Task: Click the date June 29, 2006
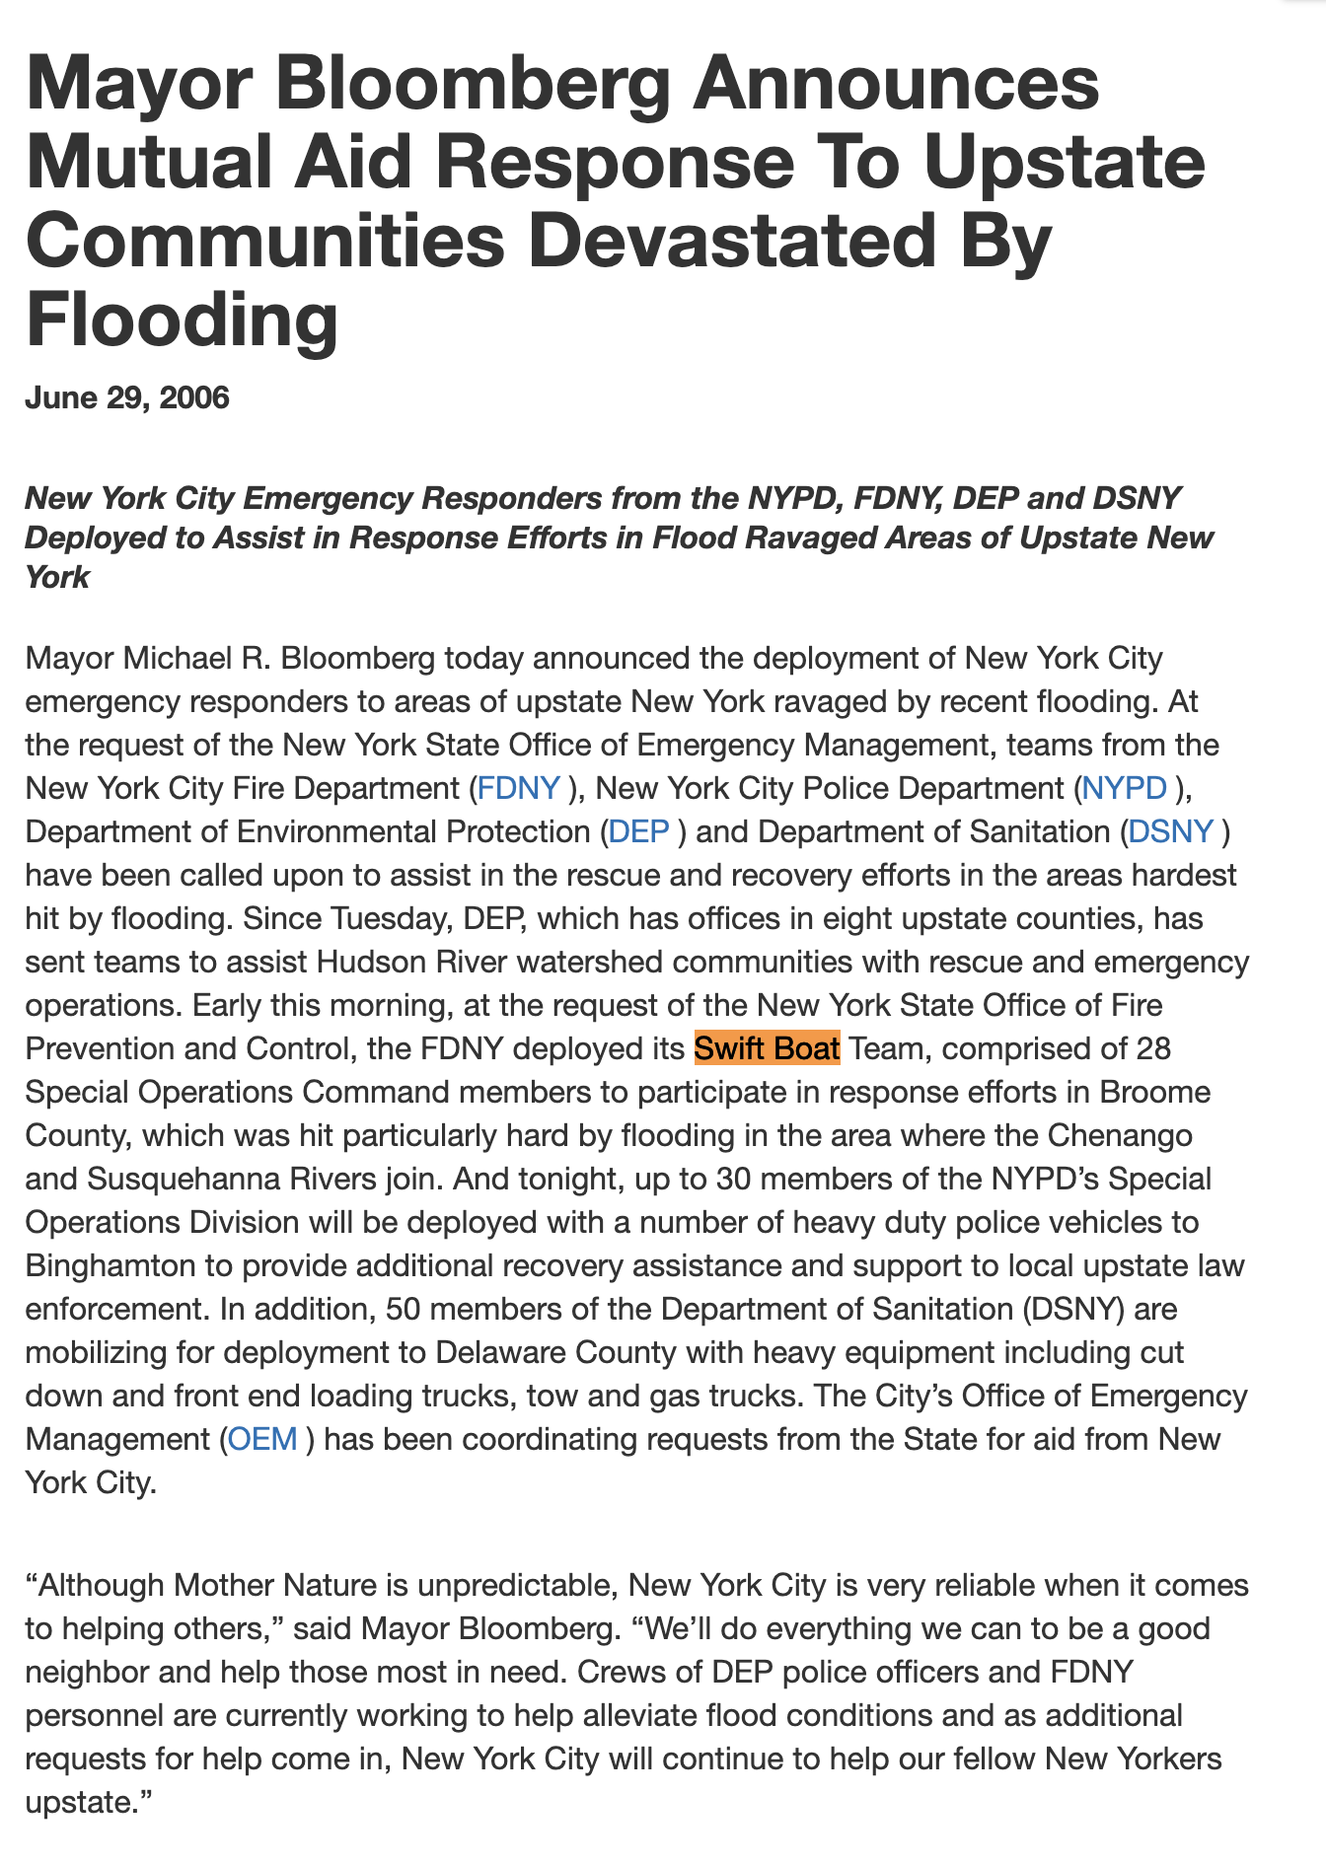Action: (x=127, y=398)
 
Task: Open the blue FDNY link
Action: (x=519, y=788)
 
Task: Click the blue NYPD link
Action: (x=1124, y=788)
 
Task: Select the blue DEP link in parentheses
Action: (x=638, y=831)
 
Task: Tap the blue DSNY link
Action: (x=1170, y=831)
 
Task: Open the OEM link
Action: (x=262, y=1439)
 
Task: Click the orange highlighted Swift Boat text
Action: (x=767, y=1048)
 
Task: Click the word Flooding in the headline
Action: (x=183, y=321)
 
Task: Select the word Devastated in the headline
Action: (x=731, y=242)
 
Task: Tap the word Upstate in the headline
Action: (x=1064, y=163)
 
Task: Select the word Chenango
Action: (x=1120, y=1135)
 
